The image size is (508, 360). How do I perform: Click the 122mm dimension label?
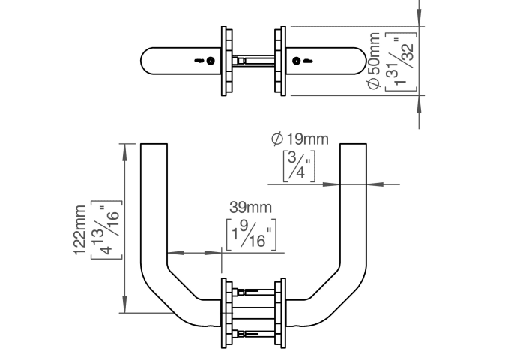(80, 230)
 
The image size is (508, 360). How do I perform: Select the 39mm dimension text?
(250, 208)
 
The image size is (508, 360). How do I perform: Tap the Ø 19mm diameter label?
(300, 139)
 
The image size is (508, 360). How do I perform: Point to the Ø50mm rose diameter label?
(374, 61)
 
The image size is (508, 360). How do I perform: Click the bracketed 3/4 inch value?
(299, 166)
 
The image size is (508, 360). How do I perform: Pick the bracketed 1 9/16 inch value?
(251, 235)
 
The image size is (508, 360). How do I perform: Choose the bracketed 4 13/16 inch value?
(106, 230)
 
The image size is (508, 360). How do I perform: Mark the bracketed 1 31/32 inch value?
(400, 61)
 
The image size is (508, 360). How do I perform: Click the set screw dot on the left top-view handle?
(211, 61)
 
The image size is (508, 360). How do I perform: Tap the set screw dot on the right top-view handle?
(296, 61)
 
